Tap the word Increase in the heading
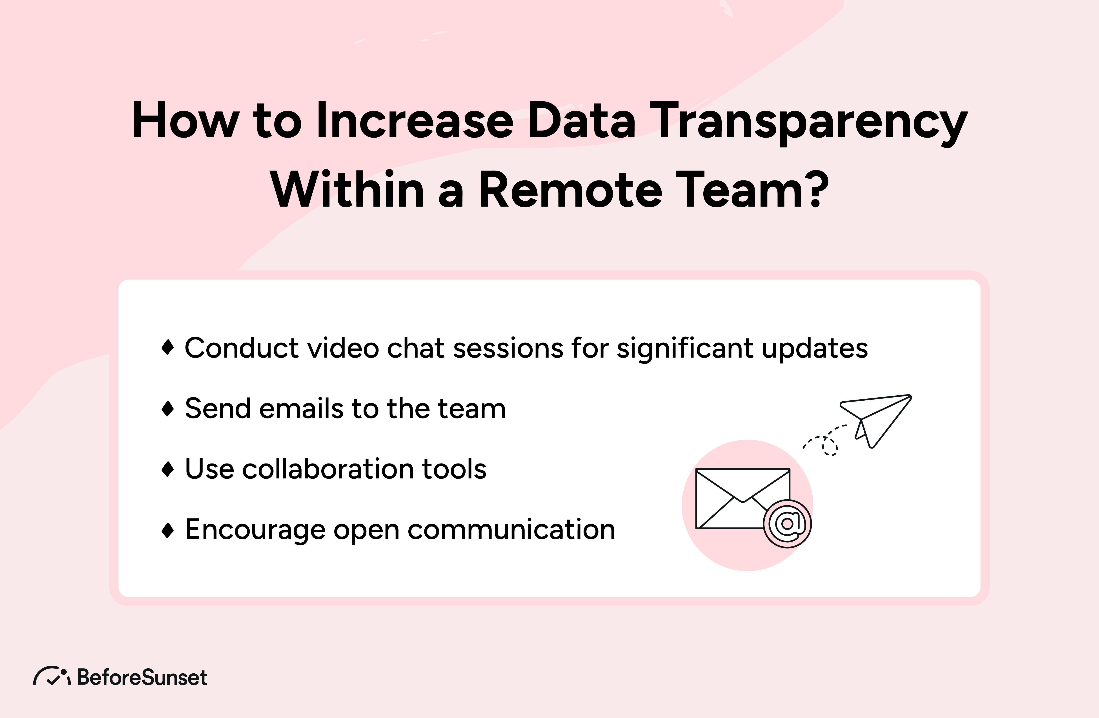coord(415,121)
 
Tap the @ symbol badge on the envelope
coord(787,523)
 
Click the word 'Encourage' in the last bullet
coord(255,530)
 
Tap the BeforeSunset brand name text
coord(142,677)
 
